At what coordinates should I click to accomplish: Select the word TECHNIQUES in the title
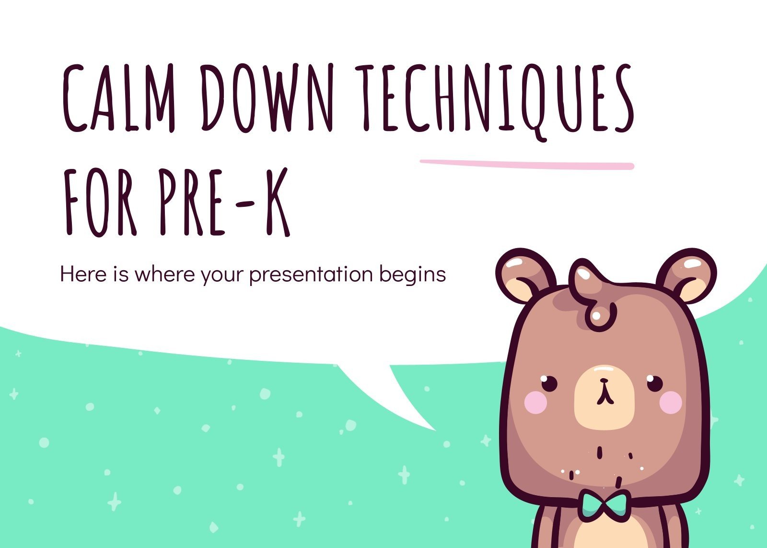point(494,98)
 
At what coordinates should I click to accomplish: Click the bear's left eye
point(549,383)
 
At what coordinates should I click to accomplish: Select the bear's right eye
point(654,383)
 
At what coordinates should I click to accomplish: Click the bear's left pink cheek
point(536,402)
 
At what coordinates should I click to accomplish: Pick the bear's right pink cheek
point(670,402)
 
